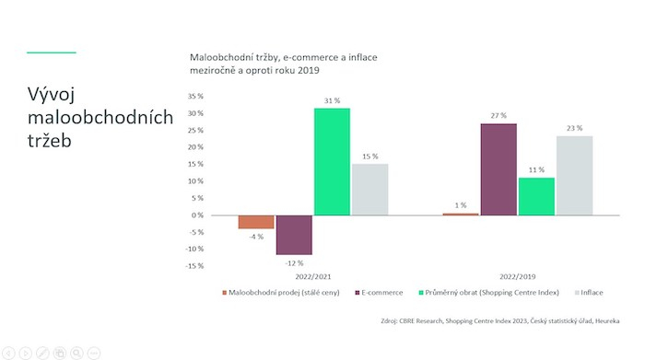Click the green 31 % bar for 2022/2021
332,161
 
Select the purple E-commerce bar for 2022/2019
498,169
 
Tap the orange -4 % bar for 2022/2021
256,222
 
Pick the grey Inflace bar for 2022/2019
574,176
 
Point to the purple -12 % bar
294,235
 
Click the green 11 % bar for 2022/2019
536,196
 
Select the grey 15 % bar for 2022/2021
369,190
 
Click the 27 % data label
498,116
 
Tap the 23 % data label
574,129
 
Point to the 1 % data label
460,205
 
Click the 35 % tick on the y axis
194,96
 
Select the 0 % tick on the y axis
197,215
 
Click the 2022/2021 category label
313,275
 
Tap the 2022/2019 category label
517,275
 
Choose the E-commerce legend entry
381,293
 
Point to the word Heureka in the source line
604,320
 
